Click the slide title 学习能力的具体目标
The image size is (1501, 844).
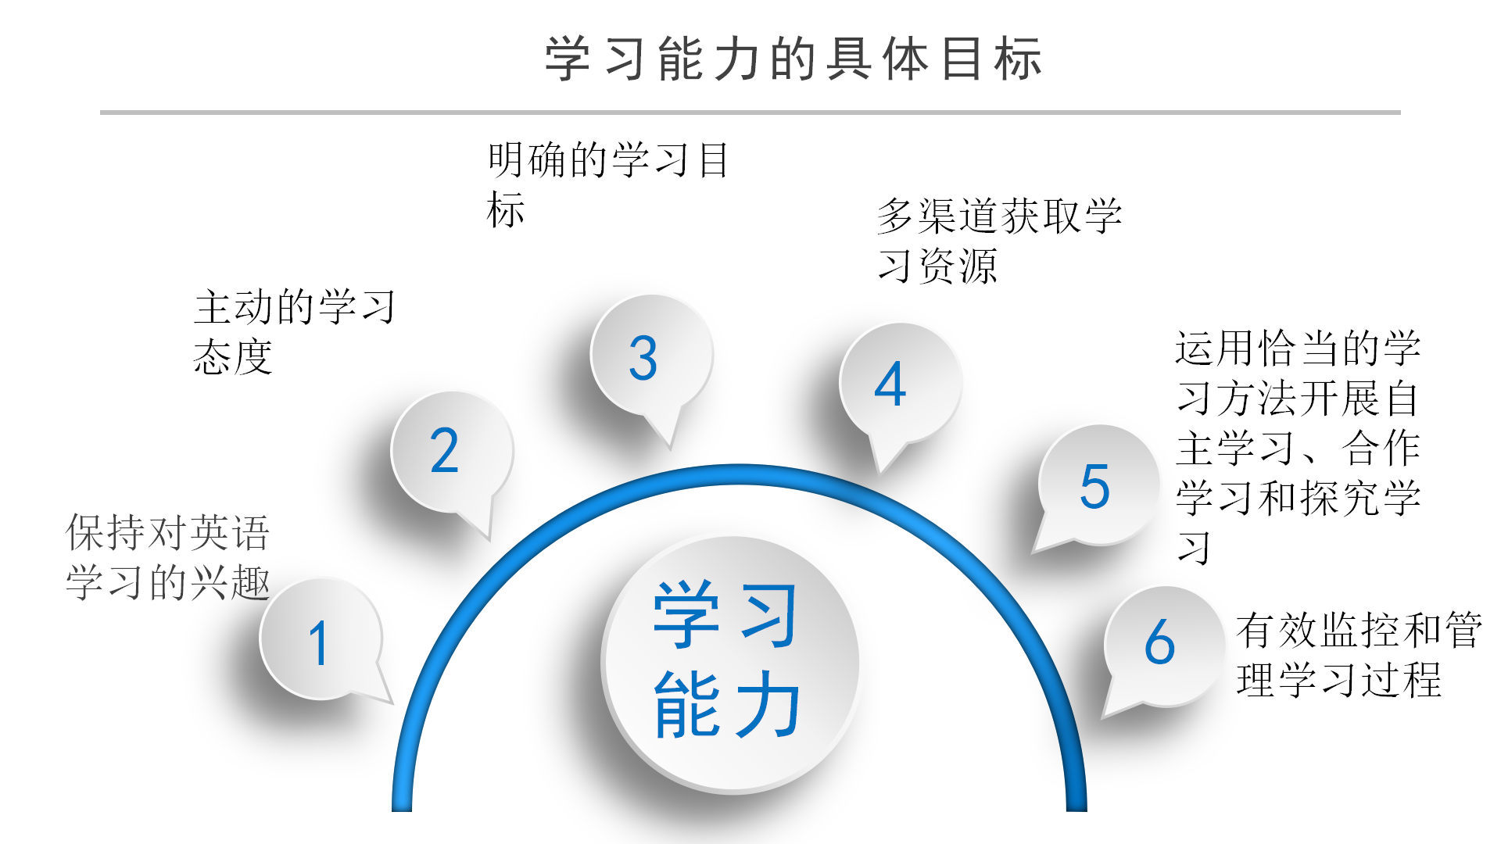793,59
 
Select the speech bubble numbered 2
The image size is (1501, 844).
450,452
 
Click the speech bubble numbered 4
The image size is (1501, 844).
898,384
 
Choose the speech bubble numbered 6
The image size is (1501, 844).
1162,645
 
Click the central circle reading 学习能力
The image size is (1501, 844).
729,663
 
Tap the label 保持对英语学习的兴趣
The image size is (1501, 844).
168,557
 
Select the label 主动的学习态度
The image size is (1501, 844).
294,331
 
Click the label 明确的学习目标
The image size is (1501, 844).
607,184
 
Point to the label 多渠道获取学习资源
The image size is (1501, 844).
999,240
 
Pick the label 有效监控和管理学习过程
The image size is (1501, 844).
1358,654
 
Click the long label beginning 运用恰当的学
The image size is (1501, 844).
1298,447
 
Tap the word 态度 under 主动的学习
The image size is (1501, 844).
233,357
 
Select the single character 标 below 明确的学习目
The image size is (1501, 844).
506,209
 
